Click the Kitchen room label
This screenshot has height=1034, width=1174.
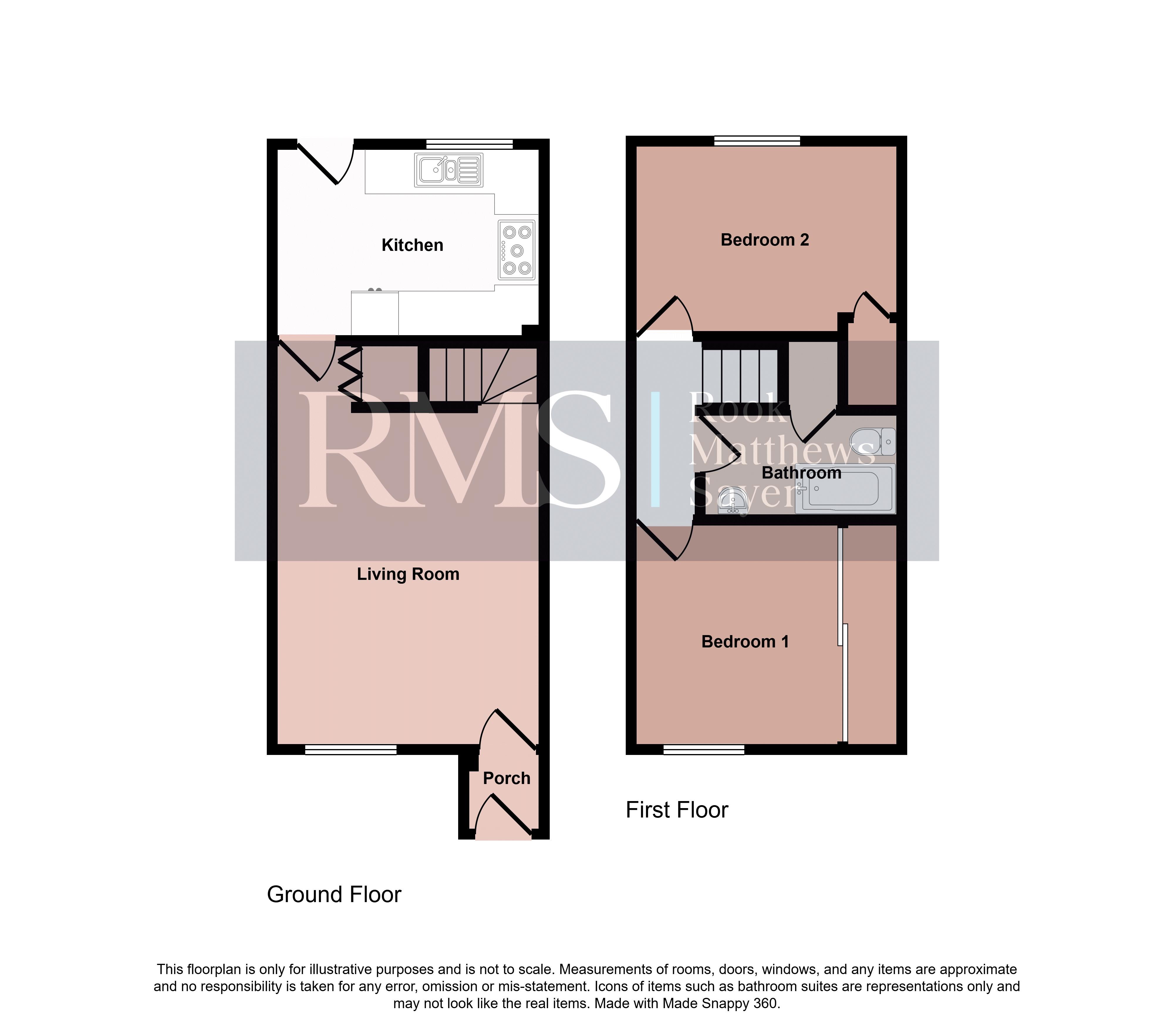[412, 245]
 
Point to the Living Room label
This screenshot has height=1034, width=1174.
[408, 574]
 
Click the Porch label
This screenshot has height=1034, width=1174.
[507, 778]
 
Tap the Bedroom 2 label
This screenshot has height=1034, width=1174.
[765, 240]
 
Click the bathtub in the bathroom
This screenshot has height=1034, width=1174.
[845, 489]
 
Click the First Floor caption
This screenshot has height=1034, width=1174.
[677, 810]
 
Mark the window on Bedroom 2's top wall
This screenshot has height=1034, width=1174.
[757, 141]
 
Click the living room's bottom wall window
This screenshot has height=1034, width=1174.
[350, 749]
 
